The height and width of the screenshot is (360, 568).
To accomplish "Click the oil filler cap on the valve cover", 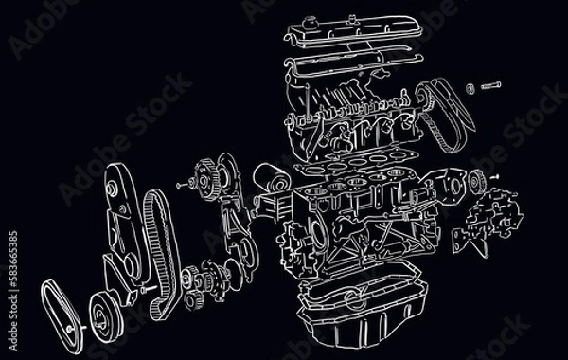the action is coord(309,22).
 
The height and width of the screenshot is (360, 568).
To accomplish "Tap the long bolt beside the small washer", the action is coord(491,86).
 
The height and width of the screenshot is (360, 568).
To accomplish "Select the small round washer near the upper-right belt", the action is coord(470,88).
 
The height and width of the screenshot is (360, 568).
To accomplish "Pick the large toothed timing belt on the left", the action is coord(161,254).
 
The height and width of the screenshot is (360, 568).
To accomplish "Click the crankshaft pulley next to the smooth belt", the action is coord(106,316).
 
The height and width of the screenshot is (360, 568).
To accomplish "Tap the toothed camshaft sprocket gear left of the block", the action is coord(205,179).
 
